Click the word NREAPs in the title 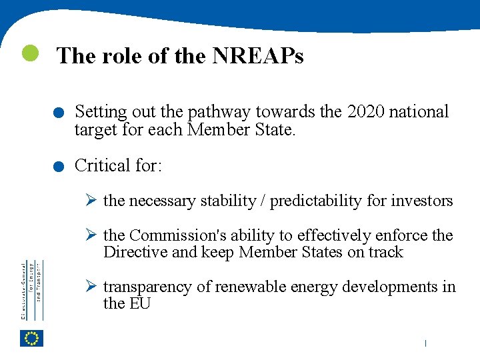258,56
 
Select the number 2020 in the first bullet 365,112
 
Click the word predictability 312,201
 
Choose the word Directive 133,252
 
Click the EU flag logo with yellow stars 32,339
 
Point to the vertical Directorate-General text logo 31,290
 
